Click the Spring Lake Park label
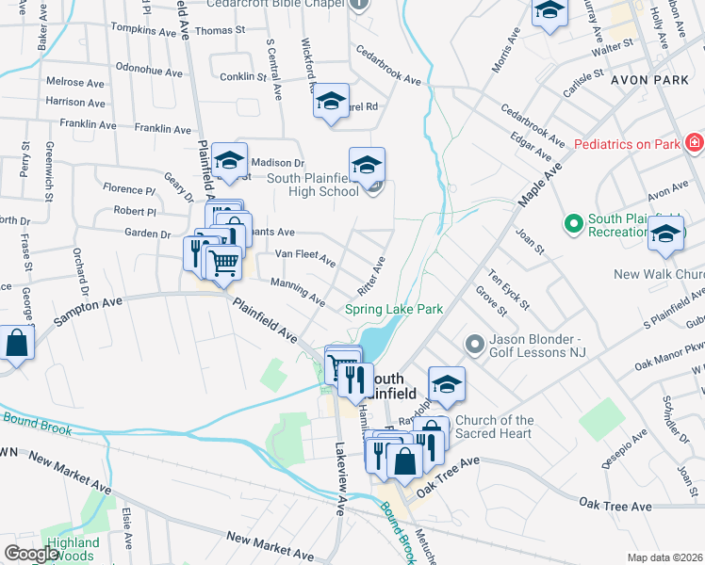[x=393, y=309]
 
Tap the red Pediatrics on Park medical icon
[x=695, y=144]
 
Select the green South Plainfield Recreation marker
[x=572, y=224]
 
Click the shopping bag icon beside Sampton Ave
[x=17, y=344]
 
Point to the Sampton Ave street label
[x=89, y=311]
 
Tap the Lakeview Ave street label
[x=339, y=479]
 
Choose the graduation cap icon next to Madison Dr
[x=229, y=162]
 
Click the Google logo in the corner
[x=31, y=554]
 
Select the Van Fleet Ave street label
[x=304, y=256]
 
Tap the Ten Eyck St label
[x=509, y=290]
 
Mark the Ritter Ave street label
[x=371, y=275]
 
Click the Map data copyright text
[x=664, y=557]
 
